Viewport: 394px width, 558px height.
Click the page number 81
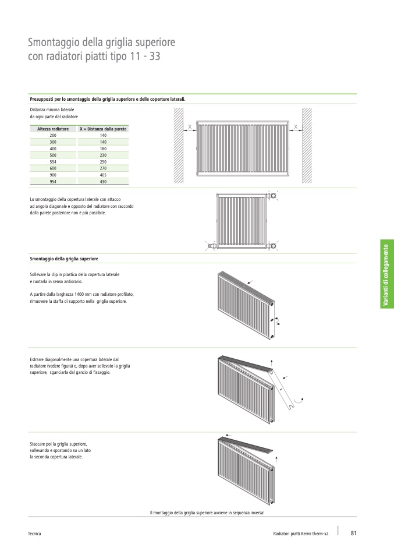(x=353, y=533)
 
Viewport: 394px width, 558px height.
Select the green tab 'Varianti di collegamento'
(x=387, y=274)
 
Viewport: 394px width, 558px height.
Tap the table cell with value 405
(x=103, y=175)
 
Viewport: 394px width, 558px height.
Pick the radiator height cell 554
(x=53, y=161)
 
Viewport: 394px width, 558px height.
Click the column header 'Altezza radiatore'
(x=53, y=129)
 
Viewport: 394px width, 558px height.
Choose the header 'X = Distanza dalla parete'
(x=103, y=129)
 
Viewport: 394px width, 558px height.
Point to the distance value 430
(x=103, y=182)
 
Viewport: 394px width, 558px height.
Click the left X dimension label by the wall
(x=190, y=127)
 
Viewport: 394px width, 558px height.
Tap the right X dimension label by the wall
(x=296, y=127)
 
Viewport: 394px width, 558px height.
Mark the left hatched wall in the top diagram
(x=178, y=146)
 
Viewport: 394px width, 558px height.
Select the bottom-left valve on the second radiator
(x=211, y=246)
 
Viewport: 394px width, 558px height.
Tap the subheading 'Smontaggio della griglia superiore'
(x=64, y=259)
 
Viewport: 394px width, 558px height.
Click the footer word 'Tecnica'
(x=34, y=534)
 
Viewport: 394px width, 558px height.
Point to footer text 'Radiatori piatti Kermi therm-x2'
(x=301, y=534)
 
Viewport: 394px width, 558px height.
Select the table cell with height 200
(x=53, y=135)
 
